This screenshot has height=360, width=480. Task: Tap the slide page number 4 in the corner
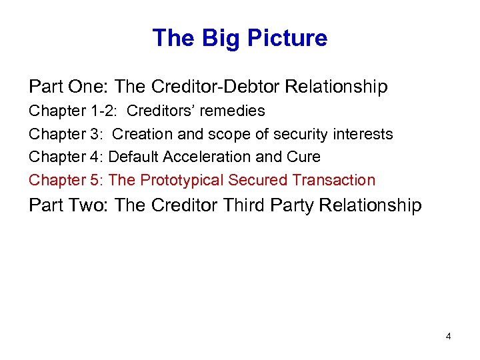click(x=448, y=336)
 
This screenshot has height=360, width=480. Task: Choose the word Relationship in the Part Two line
click(x=371, y=205)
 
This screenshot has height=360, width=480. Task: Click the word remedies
click(x=235, y=111)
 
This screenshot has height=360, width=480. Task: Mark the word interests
click(x=367, y=134)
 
